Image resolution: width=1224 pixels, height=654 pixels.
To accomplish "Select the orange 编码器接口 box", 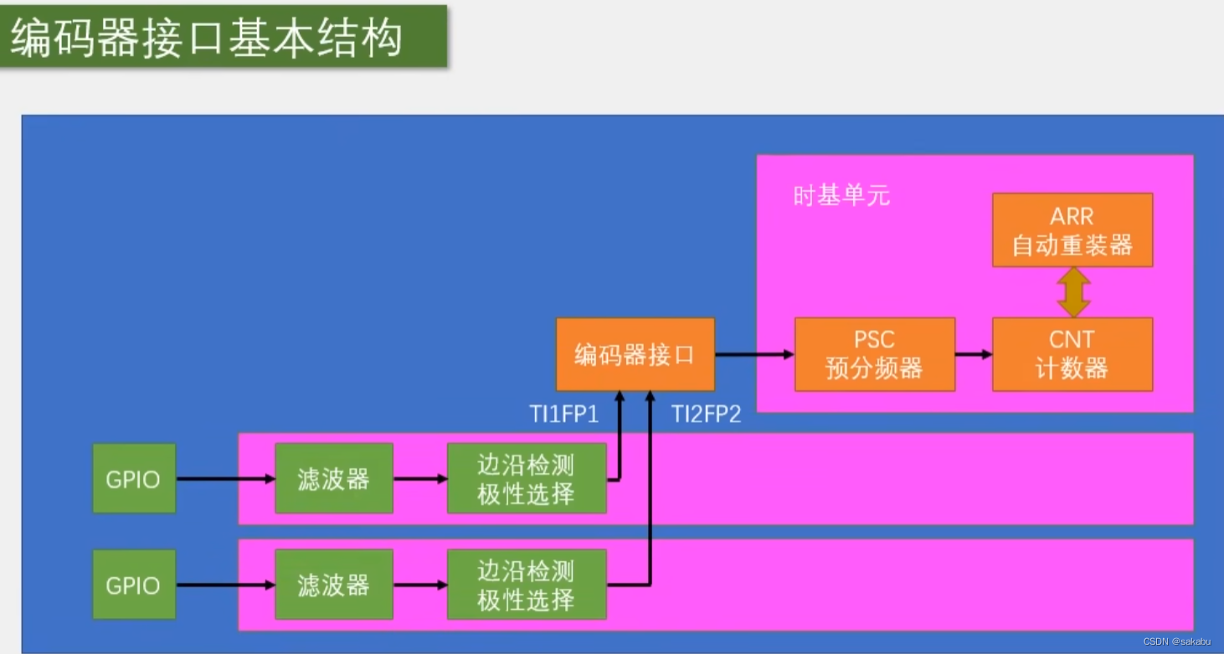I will [x=635, y=354].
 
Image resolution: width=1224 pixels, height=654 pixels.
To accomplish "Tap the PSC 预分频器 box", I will [x=874, y=354].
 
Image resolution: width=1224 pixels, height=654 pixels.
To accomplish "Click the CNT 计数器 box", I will [x=1072, y=354].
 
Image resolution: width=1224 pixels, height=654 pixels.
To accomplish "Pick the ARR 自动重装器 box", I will [x=1072, y=230].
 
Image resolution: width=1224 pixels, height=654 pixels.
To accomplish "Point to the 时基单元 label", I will [x=841, y=196].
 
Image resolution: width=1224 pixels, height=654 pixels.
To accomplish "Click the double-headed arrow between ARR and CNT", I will [x=1072, y=292].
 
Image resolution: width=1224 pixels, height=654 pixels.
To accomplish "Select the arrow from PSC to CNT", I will [x=973, y=354].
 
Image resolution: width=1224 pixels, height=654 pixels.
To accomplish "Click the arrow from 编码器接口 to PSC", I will [x=754, y=354].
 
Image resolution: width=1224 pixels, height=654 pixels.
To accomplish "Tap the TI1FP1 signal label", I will [x=564, y=414].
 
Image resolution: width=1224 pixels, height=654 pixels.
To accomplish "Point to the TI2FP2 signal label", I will [x=707, y=414].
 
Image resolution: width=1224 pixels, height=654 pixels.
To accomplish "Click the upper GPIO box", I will [x=134, y=479].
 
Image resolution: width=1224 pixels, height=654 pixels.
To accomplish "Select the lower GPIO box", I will [x=134, y=584].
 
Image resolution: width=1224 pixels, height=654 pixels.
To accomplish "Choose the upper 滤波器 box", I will [x=333, y=479].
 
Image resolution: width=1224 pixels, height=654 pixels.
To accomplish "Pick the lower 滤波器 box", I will [x=333, y=584].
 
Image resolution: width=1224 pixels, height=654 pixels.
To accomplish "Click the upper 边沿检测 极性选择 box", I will [x=526, y=479].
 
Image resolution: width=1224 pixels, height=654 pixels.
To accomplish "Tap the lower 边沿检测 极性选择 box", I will [x=526, y=584].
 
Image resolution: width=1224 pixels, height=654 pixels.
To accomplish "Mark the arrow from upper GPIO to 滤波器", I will [x=225, y=479].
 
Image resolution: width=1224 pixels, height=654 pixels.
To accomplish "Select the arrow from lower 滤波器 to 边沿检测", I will [x=419, y=584].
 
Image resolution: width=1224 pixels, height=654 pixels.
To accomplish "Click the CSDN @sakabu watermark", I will [x=1176, y=641].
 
